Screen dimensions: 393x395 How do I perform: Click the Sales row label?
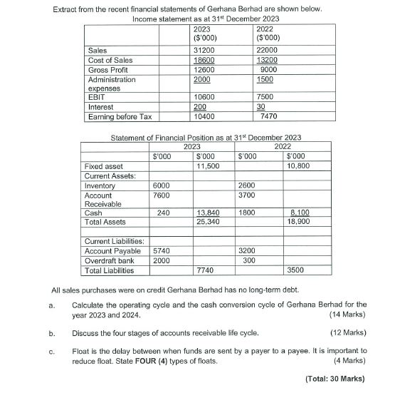(x=97, y=51)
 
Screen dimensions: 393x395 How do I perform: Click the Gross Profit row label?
(x=107, y=70)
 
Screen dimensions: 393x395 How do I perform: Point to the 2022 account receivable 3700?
(x=247, y=195)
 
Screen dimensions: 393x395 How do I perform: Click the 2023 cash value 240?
(x=164, y=213)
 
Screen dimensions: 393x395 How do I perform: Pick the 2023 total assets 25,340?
(x=206, y=223)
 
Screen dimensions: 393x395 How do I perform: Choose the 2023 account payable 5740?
(x=161, y=251)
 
